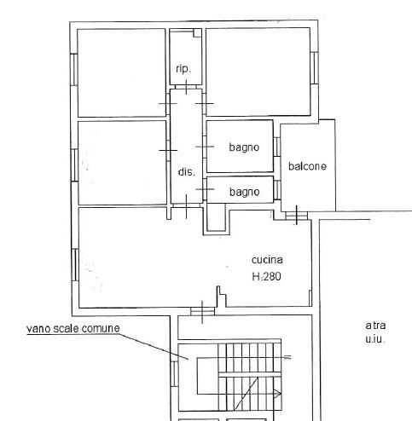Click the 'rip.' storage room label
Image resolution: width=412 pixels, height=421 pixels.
[x=183, y=69]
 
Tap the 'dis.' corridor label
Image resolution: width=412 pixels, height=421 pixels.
[x=187, y=172]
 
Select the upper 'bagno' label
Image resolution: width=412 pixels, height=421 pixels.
[x=244, y=147]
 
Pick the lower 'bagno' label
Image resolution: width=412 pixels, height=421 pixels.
[x=245, y=193]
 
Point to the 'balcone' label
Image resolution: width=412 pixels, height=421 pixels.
[x=307, y=166]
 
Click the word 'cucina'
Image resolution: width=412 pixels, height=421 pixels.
[x=267, y=260]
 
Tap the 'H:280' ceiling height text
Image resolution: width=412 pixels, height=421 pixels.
[x=267, y=276]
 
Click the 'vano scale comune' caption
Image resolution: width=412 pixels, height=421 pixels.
[x=73, y=329]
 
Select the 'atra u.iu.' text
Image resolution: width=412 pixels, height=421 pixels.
[x=375, y=332]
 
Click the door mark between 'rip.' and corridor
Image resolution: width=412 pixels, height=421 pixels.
[x=186, y=87]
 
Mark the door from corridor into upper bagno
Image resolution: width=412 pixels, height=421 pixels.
[x=205, y=147]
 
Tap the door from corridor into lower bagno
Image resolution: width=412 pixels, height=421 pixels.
[x=205, y=189]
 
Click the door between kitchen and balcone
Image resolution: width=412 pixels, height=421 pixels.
[x=296, y=216]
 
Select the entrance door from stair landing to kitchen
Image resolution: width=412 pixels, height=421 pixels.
[x=202, y=312]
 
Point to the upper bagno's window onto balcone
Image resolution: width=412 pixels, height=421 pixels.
[x=276, y=147]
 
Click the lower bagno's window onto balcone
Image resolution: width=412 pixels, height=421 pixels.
[x=277, y=189]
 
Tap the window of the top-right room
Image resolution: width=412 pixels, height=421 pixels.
[x=314, y=67]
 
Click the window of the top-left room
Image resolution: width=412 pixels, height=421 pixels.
[x=74, y=70]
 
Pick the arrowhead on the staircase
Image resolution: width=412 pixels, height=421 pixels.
[x=278, y=394]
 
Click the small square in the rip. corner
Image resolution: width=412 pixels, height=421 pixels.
[x=198, y=33]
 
